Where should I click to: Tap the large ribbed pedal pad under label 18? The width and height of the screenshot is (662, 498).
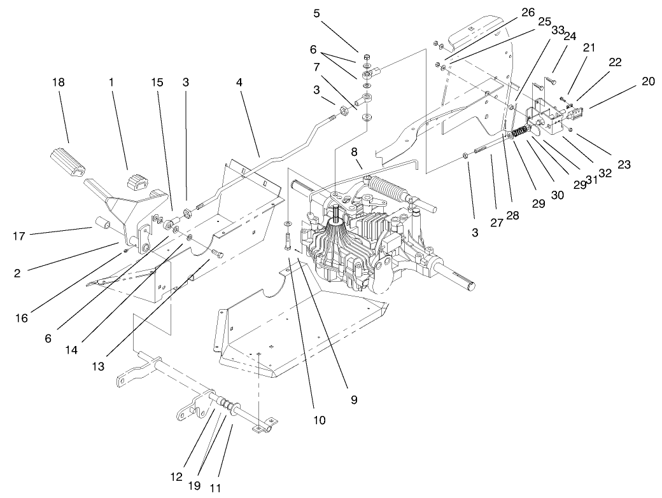[x=66, y=162]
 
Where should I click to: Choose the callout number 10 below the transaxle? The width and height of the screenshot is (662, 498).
[x=319, y=420]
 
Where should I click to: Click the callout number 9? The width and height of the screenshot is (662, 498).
[x=354, y=400]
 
